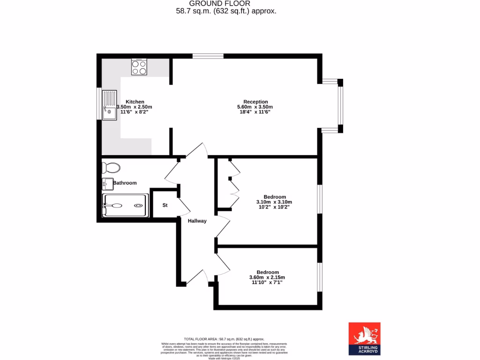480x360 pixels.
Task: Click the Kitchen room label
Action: point(135,102)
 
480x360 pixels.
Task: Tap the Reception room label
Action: point(255,102)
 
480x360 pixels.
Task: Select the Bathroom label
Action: point(125,183)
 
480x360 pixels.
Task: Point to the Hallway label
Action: point(197,221)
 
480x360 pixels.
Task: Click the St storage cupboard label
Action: point(165,205)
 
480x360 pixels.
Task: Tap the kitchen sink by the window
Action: point(110,105)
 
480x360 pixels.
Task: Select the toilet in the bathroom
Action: point(111,167)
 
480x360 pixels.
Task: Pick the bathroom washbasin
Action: point(106,184)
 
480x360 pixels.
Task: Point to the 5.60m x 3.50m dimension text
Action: point(255,107)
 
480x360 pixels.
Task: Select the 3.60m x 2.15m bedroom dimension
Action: point(267,277)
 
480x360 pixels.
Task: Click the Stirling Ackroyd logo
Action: point(364,338)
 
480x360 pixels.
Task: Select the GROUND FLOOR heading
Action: point(223,4)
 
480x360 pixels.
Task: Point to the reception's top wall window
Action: point(208,56)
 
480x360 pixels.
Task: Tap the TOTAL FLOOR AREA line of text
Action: point(224,339)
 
